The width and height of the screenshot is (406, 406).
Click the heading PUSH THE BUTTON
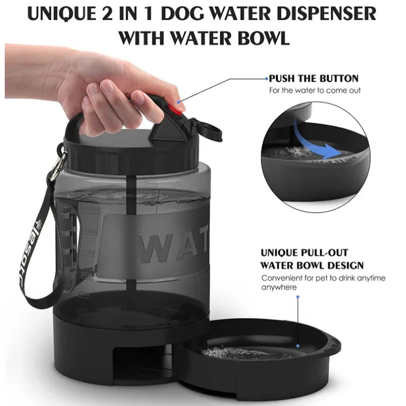(313, 78)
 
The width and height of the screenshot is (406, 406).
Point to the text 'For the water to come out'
(315, 90)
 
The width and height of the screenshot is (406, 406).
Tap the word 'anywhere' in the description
(279, 287)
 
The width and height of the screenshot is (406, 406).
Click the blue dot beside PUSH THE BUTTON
(266, 78)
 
